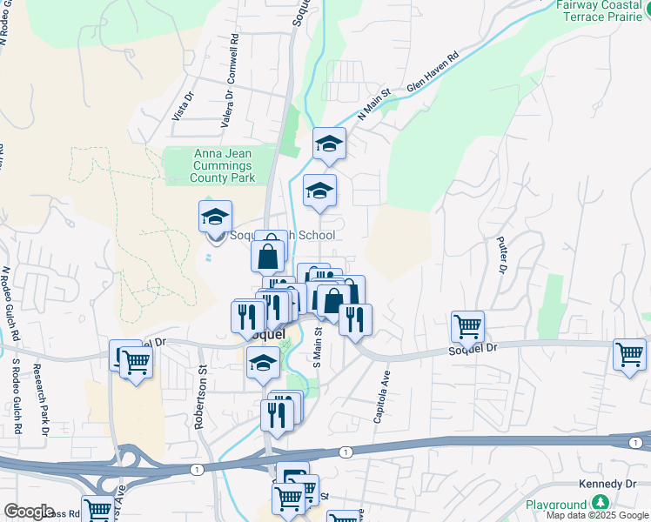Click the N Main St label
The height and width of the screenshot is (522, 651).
(375, 104)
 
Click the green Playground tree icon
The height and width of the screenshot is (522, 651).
(600, 504)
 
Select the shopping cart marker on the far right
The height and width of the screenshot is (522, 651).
(629, 354)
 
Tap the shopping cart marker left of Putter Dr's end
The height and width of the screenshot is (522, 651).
(467, 326)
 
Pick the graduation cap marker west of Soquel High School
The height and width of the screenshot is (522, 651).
(215, 217)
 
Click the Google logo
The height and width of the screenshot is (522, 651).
(29, 512)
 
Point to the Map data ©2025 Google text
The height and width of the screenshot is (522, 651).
(596, 515)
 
